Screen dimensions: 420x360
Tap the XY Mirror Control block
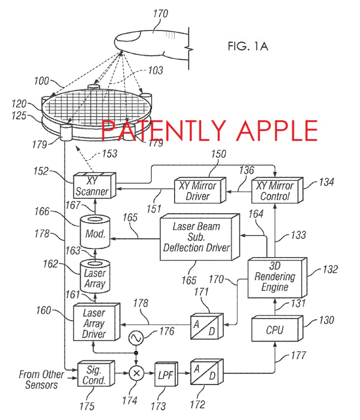pos(274,191)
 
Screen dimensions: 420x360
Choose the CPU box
pos(274,330)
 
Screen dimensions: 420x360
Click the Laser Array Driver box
pos(94,323)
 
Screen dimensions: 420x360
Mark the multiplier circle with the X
pos(136,373)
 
